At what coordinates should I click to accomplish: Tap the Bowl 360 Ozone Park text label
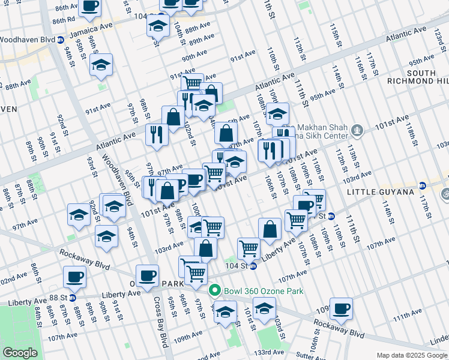[x=264, y=292]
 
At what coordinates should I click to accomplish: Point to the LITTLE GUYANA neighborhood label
[x=381, y=191]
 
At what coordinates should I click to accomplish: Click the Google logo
[x=20, y=353]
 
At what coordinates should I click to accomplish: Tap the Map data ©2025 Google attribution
[x=411, y=355]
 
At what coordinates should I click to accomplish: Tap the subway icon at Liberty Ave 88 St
[x=73, y=297]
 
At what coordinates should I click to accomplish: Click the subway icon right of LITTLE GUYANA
[x=422, y=185]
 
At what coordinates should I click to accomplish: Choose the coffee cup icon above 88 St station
[x=74, y=277]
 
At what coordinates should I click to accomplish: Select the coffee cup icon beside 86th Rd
[x=91, y=7]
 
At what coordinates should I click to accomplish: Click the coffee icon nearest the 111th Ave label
[x=341, y=308]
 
